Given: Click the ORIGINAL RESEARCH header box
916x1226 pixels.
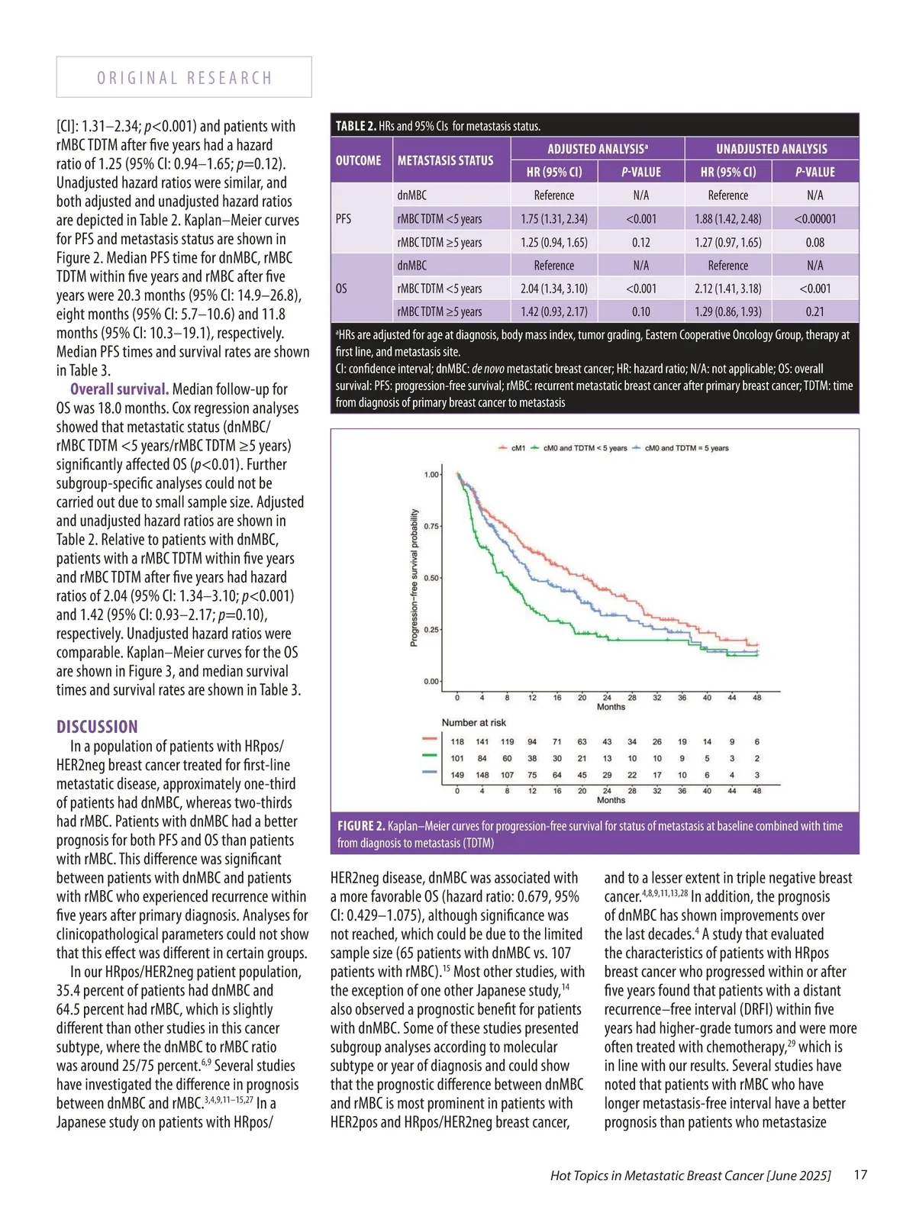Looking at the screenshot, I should tap(184, 77).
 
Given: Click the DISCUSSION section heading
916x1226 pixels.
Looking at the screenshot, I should tap(97, 727).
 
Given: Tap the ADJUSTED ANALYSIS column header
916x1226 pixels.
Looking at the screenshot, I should tap(597, 149).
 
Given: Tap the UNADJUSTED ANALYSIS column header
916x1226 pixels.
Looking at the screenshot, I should tap(771, 149).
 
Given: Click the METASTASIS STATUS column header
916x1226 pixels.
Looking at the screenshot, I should tap(445, 160).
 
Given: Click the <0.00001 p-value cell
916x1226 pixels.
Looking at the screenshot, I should tap(814, 219).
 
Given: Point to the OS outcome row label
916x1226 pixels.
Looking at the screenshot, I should tap(341, 289).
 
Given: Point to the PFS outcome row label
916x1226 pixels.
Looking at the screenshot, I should tap(343, 219).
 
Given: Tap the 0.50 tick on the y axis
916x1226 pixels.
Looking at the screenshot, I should tap(431, 578).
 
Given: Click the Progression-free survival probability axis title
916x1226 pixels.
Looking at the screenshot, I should tap(414, 578).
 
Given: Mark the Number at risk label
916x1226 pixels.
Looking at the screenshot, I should tap(473, 722).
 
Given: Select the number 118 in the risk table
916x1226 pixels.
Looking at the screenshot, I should tap(457, 741).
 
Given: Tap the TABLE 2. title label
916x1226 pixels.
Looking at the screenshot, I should tap(356, 126).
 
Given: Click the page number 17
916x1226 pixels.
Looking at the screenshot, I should tap(860, 1175).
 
